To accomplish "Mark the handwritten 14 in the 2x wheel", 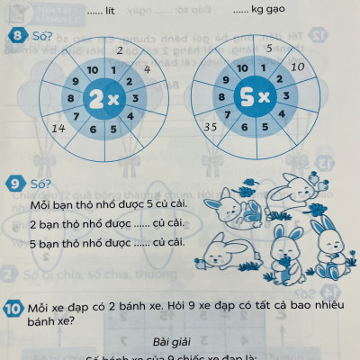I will coord(60,130).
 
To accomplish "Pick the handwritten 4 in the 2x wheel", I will coord(147,67).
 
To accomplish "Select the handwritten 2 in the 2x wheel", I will coord(120,50).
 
